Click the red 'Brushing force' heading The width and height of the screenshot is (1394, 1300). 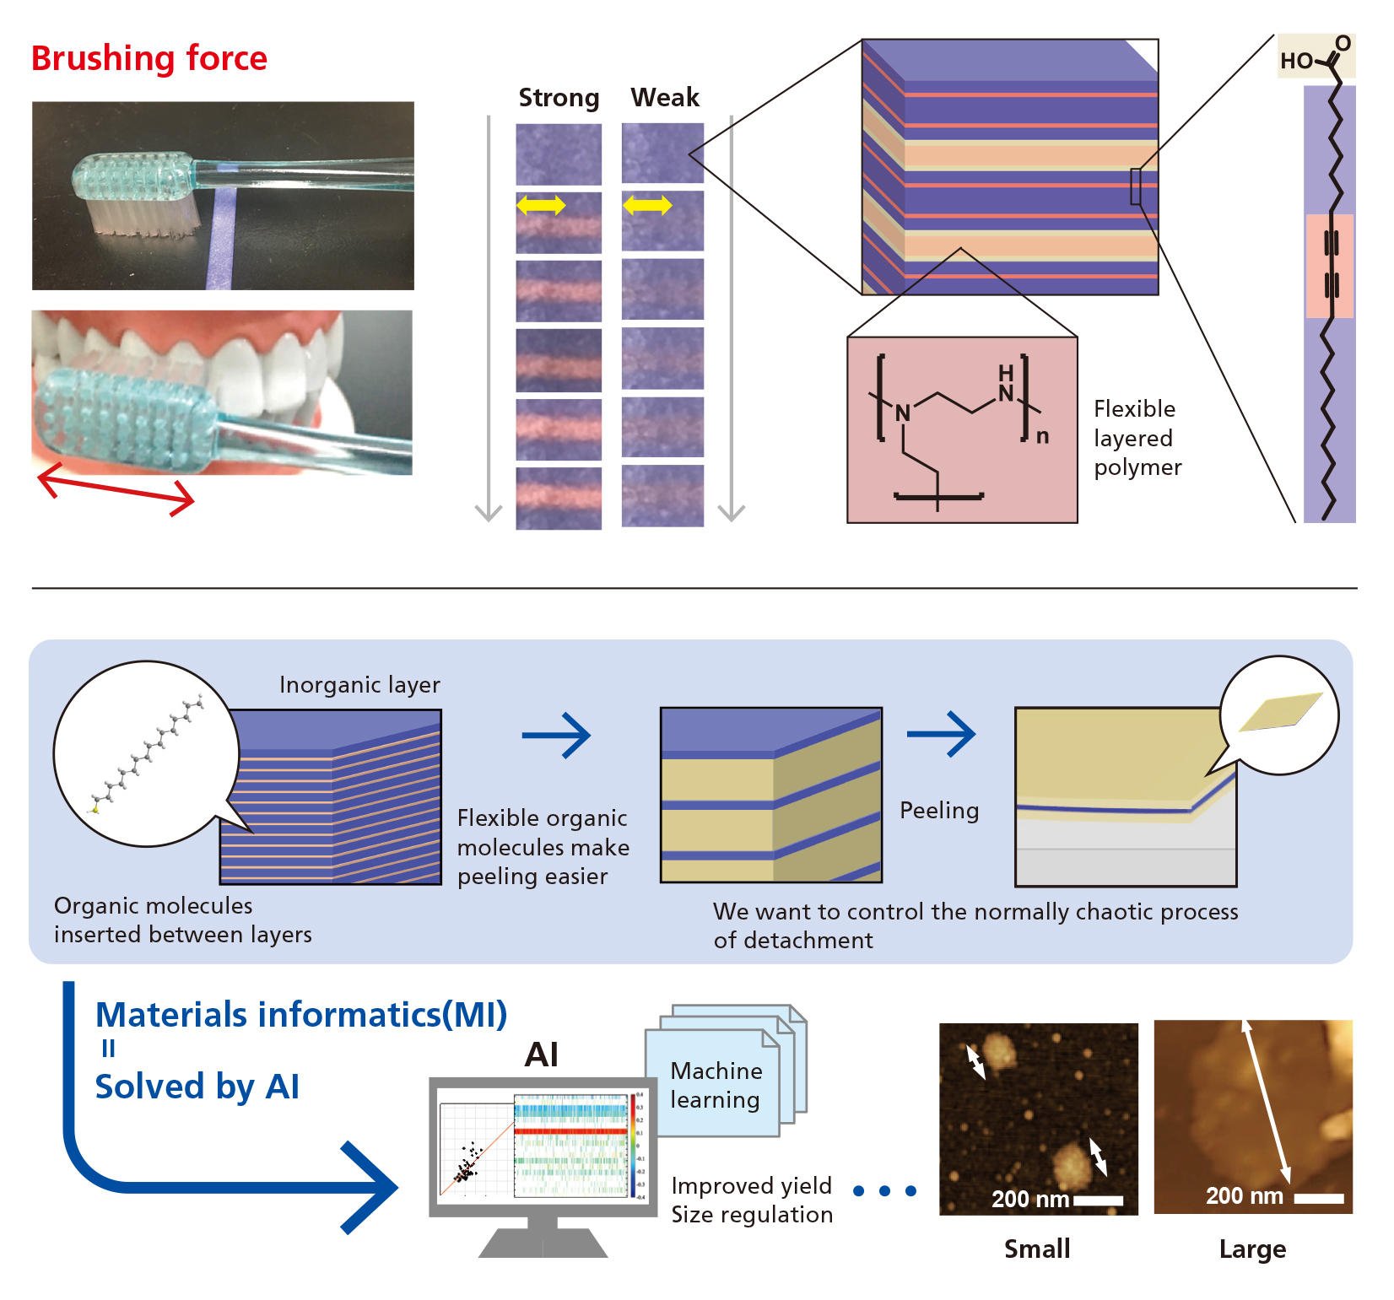click(149, 59)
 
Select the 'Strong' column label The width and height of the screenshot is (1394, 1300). click(559, 98)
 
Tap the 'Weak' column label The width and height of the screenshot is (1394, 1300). click(665, 98)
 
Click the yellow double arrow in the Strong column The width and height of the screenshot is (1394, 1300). click(541, 204)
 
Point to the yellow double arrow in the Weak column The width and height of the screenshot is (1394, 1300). click(647, 204)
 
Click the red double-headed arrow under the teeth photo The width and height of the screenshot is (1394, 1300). click(116, 489)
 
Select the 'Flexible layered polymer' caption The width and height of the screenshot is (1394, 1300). click(1137, 438)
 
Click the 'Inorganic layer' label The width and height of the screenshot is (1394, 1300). click(359, 685)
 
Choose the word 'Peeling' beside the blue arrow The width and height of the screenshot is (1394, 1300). click(939, 811)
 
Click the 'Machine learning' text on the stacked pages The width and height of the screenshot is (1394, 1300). click(716, 1085)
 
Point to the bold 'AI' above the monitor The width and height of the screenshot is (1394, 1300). click(542, 1055)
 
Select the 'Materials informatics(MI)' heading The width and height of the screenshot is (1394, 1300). click(301, 1015)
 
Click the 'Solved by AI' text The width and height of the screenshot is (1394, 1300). click(197, 1087)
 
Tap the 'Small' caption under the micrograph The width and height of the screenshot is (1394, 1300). click(1037, 1249)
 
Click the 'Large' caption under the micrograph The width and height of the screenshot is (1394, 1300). click(1252, 1249)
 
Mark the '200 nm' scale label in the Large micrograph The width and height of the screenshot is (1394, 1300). click(1244, 1195)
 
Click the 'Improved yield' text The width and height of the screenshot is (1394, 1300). click(751, 1186)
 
